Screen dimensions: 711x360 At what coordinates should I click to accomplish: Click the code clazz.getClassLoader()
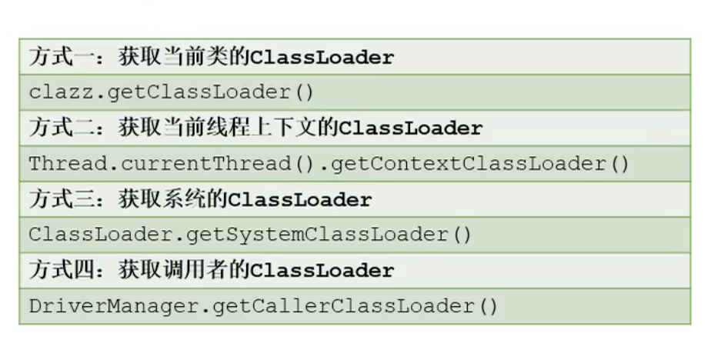click(172, 92)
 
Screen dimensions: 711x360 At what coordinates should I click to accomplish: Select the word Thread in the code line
click(63, 164)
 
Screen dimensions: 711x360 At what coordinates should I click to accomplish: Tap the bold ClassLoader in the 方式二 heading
click(412, 128)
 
